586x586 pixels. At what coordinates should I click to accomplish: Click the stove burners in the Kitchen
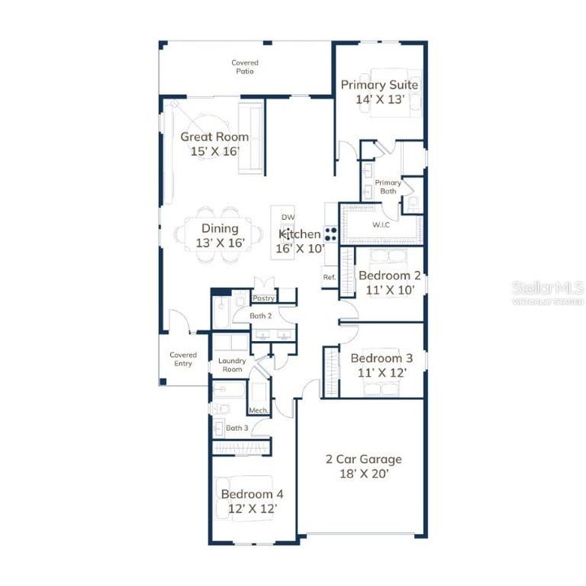pos(331,234)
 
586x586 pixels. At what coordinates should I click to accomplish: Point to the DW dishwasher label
pos(287,217)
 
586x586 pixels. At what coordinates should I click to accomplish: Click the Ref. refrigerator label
pos(330,277)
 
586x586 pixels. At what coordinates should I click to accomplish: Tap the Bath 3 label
pos(237,427)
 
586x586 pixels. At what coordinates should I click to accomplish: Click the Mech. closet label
pos(258,410)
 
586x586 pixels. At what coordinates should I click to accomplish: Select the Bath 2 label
pos(260,315)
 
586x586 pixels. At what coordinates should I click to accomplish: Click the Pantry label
pos(264,299)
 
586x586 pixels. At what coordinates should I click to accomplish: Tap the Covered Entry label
pos(182,359)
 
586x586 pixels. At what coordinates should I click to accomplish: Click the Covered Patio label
pos(245,67)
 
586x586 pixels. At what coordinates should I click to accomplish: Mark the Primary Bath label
pos(388,188)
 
